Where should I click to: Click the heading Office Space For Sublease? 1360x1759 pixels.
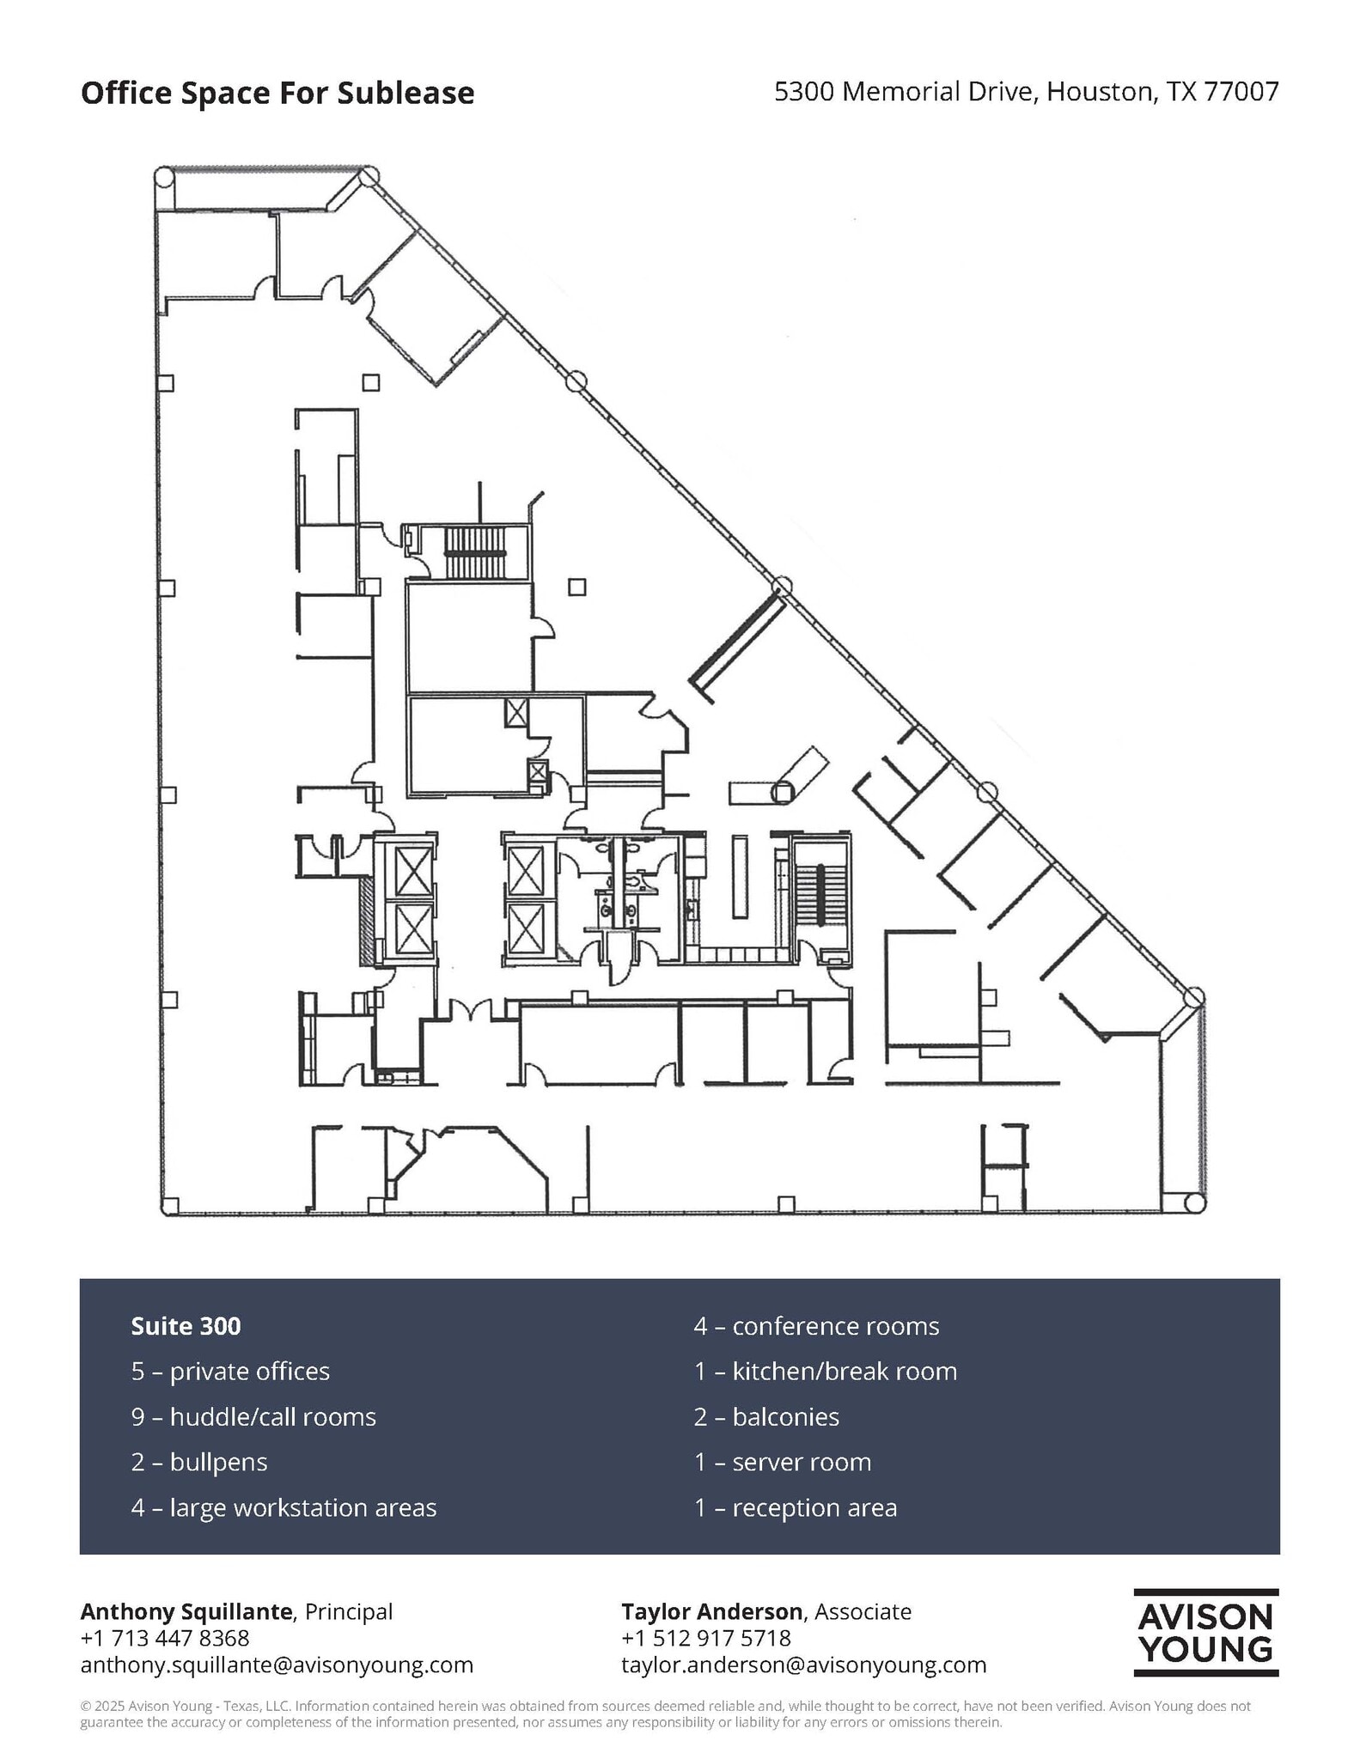pos(277,93)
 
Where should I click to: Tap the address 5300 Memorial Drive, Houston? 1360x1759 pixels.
pos(1026,91)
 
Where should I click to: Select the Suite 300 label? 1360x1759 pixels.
pos(186,1325)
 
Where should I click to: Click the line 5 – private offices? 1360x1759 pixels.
pos(230,1371)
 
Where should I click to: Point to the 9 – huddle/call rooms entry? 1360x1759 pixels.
pos(253,1416)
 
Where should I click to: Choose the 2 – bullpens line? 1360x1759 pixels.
pos(199,1462)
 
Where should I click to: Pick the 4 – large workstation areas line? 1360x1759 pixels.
pos(284,1507)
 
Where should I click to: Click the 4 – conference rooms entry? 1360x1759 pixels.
pos(816,1325)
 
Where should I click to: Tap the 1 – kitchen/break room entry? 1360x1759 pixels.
pos(825,1371)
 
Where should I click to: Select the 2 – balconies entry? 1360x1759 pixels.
pos(766,1416)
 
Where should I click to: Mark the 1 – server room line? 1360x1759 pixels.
pos(782,1462)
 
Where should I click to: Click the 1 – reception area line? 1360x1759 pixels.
pos(795,1507)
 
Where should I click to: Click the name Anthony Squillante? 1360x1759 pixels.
pos(186,1611)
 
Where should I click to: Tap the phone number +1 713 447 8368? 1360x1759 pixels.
pos(164,1638)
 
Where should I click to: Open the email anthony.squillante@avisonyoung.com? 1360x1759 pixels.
pos(277,1665)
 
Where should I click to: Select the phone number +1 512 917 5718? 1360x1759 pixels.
pos(705,1638)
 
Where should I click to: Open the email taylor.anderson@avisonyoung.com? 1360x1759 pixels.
pos(803,1665)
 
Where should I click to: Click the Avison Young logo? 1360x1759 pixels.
pos(1205,1632)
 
